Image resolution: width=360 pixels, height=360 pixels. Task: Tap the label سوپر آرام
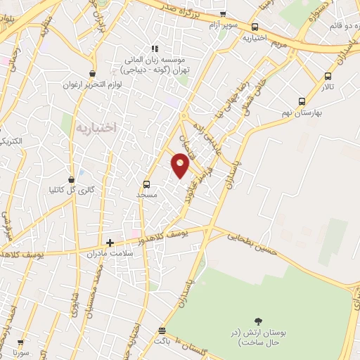pos(223,25)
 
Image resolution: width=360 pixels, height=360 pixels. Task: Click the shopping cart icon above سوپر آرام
pos(223,14)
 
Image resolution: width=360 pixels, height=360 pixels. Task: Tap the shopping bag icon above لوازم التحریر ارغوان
pos(91,73)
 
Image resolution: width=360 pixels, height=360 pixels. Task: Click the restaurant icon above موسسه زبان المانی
pos(155,49)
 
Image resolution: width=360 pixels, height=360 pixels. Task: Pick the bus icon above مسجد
pos(146,185)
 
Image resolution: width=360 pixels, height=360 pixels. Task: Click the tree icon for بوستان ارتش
pos(260,320)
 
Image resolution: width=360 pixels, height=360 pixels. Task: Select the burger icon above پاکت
pos(162,330)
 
